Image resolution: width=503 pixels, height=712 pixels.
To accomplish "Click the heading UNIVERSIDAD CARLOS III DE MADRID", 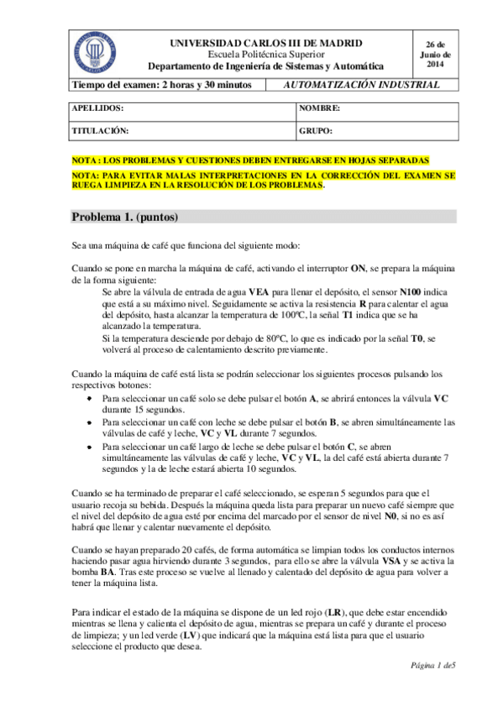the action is click(x=266, y=42).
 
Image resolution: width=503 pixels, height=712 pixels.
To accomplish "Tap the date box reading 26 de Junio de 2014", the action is click(x=435, y=53).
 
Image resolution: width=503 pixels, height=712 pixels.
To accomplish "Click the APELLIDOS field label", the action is click(x=98, y=109).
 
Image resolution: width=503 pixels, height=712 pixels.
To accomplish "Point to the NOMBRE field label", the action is click(x=319, y=109).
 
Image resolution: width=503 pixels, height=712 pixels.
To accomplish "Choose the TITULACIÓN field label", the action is click(x=100, y=131).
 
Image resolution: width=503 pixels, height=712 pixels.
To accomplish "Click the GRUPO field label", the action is click(x=316, y=131).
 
